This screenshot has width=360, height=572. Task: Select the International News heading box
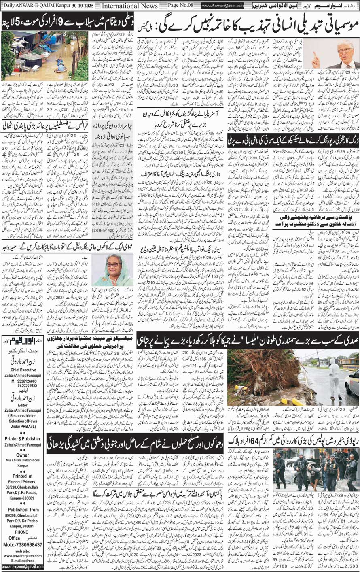pyautogui.click(x=129, y=6)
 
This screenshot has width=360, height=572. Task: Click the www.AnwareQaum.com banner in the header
pyautogui.click(x=223, y=6)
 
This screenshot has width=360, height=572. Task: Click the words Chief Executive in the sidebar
pyautogui.click(x=23, y=370)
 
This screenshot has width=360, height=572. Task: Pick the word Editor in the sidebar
pyautogui.click(x=23, y=406)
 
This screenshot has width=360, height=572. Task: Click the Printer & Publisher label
pyautogui.click(x=23, y=438)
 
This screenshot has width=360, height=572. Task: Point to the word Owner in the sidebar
pyautogui.click(x=23, y=455)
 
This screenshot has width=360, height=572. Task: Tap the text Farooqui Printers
pyautogui.click(x=23, y=482)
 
